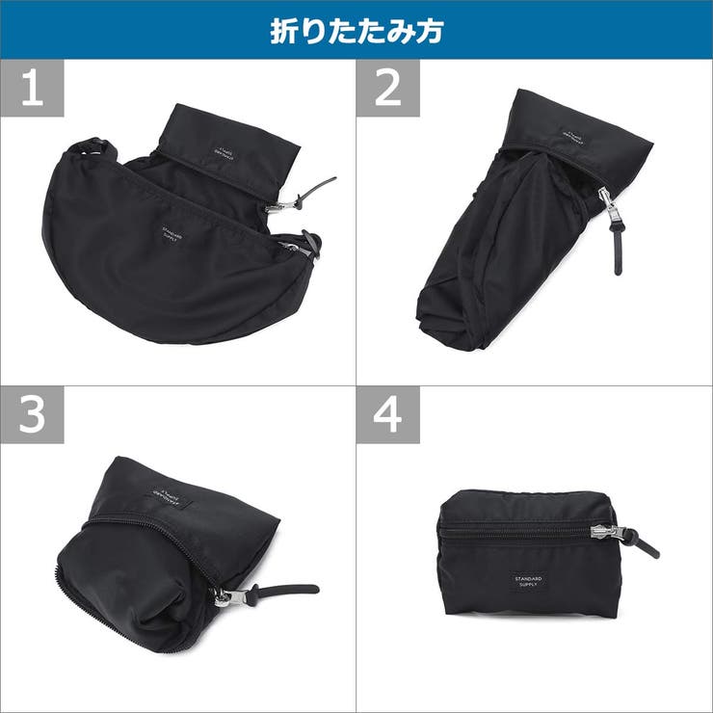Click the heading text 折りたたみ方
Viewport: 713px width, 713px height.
356,31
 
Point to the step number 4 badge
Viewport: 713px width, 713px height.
387,415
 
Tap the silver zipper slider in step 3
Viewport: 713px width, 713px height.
224,597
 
